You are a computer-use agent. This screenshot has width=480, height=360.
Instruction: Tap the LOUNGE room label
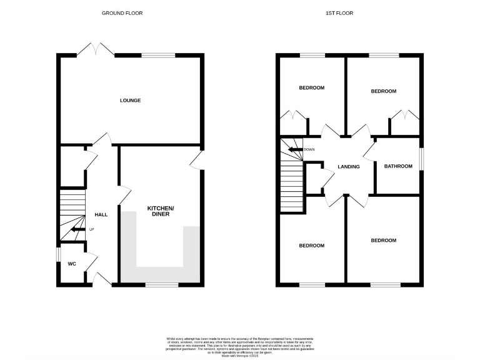[x=131, y=100]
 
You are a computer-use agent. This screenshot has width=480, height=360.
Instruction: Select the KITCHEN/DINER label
[x=161, y=211]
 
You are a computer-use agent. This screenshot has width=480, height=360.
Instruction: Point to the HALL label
[x=101, y=214]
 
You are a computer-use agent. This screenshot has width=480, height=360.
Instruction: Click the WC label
[x=72, y=264]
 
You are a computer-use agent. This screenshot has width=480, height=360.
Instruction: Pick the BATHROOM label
[x=398, y=166]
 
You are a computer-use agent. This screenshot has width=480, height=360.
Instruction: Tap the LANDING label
[x=349, y=166]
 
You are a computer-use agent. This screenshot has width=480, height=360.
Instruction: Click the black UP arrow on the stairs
[x=76, y=229]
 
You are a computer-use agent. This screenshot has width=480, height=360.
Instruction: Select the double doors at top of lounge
[x=96, y=50]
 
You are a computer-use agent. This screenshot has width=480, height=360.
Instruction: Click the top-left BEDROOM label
[x=311, y=87]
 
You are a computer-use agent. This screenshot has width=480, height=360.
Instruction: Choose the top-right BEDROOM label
[x=383, y=91]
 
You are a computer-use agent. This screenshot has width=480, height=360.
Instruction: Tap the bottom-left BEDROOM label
[x=311, y=246]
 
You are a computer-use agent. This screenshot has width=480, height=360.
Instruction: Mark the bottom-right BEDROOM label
[x=383, y=240]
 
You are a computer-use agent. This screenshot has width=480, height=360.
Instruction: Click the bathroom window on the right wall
[x=420, y=158]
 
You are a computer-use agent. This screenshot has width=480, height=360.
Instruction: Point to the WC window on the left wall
[x=58, y=255]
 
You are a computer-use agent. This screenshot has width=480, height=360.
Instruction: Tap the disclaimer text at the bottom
[x=240, y=346]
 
